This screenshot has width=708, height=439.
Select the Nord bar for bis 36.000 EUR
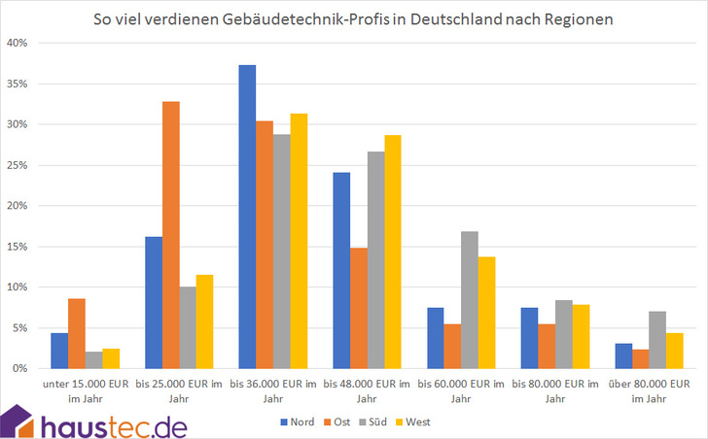[247, 217]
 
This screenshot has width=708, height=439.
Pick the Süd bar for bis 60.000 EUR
[470, 300]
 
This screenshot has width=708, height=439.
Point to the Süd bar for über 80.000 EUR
[657, 340]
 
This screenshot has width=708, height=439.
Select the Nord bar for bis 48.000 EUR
[341, 271]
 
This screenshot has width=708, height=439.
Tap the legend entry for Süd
[374, 422]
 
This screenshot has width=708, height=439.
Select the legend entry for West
[415, 422]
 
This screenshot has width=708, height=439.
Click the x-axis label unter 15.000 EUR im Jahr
[86, 391]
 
